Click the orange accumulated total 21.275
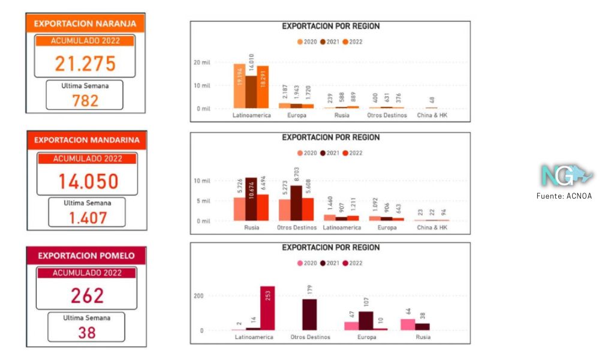click(x=85, y=64)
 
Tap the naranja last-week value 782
click(x=85, y=100)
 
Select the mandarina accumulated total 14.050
click(x=88, y=181)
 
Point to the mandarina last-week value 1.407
click(x=87, y=218)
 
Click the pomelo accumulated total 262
click(x=87, y=295)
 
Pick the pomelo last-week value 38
click(x=87, y=332)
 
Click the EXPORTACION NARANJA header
click(x=85, y=24)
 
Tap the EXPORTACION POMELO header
click(x=86, y=256)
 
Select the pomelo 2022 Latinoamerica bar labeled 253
click(x=267, y=308)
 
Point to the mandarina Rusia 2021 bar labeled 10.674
click(x=251, y=199)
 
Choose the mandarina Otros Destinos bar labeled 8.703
click(x=296, y=203)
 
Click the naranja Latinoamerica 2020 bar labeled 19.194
click(x=239, y=86)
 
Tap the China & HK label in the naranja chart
click(x=432, y=115)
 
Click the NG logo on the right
click(x=566, y=175)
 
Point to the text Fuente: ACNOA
click(x=564, y=196)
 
